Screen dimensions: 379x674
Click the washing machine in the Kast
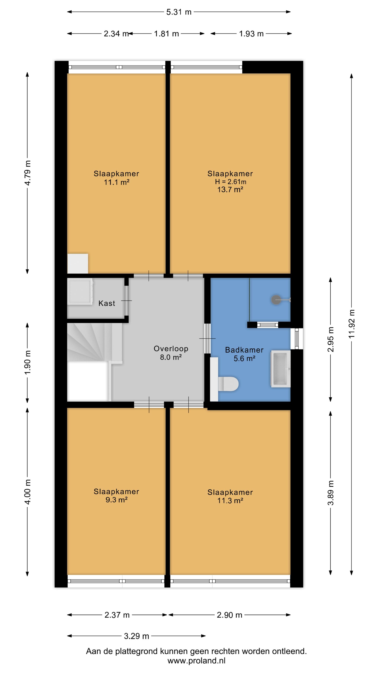(x=80, y=292)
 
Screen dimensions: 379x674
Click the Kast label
(x=107, y=303)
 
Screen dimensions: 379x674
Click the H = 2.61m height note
(x=230, y=182)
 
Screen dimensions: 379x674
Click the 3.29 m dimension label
(x=137, y=636)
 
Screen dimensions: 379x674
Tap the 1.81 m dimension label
(x=166, y=34)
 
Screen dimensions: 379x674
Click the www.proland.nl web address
(x=197, y=661)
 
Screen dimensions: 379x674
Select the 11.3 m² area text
(x=230, y=501)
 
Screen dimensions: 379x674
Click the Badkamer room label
(x=244, y=350)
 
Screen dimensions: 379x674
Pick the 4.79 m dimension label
(x=28, y=173)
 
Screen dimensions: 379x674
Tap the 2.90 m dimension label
(x=229, y=615)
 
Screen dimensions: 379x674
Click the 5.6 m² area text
(x=244, y=358)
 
